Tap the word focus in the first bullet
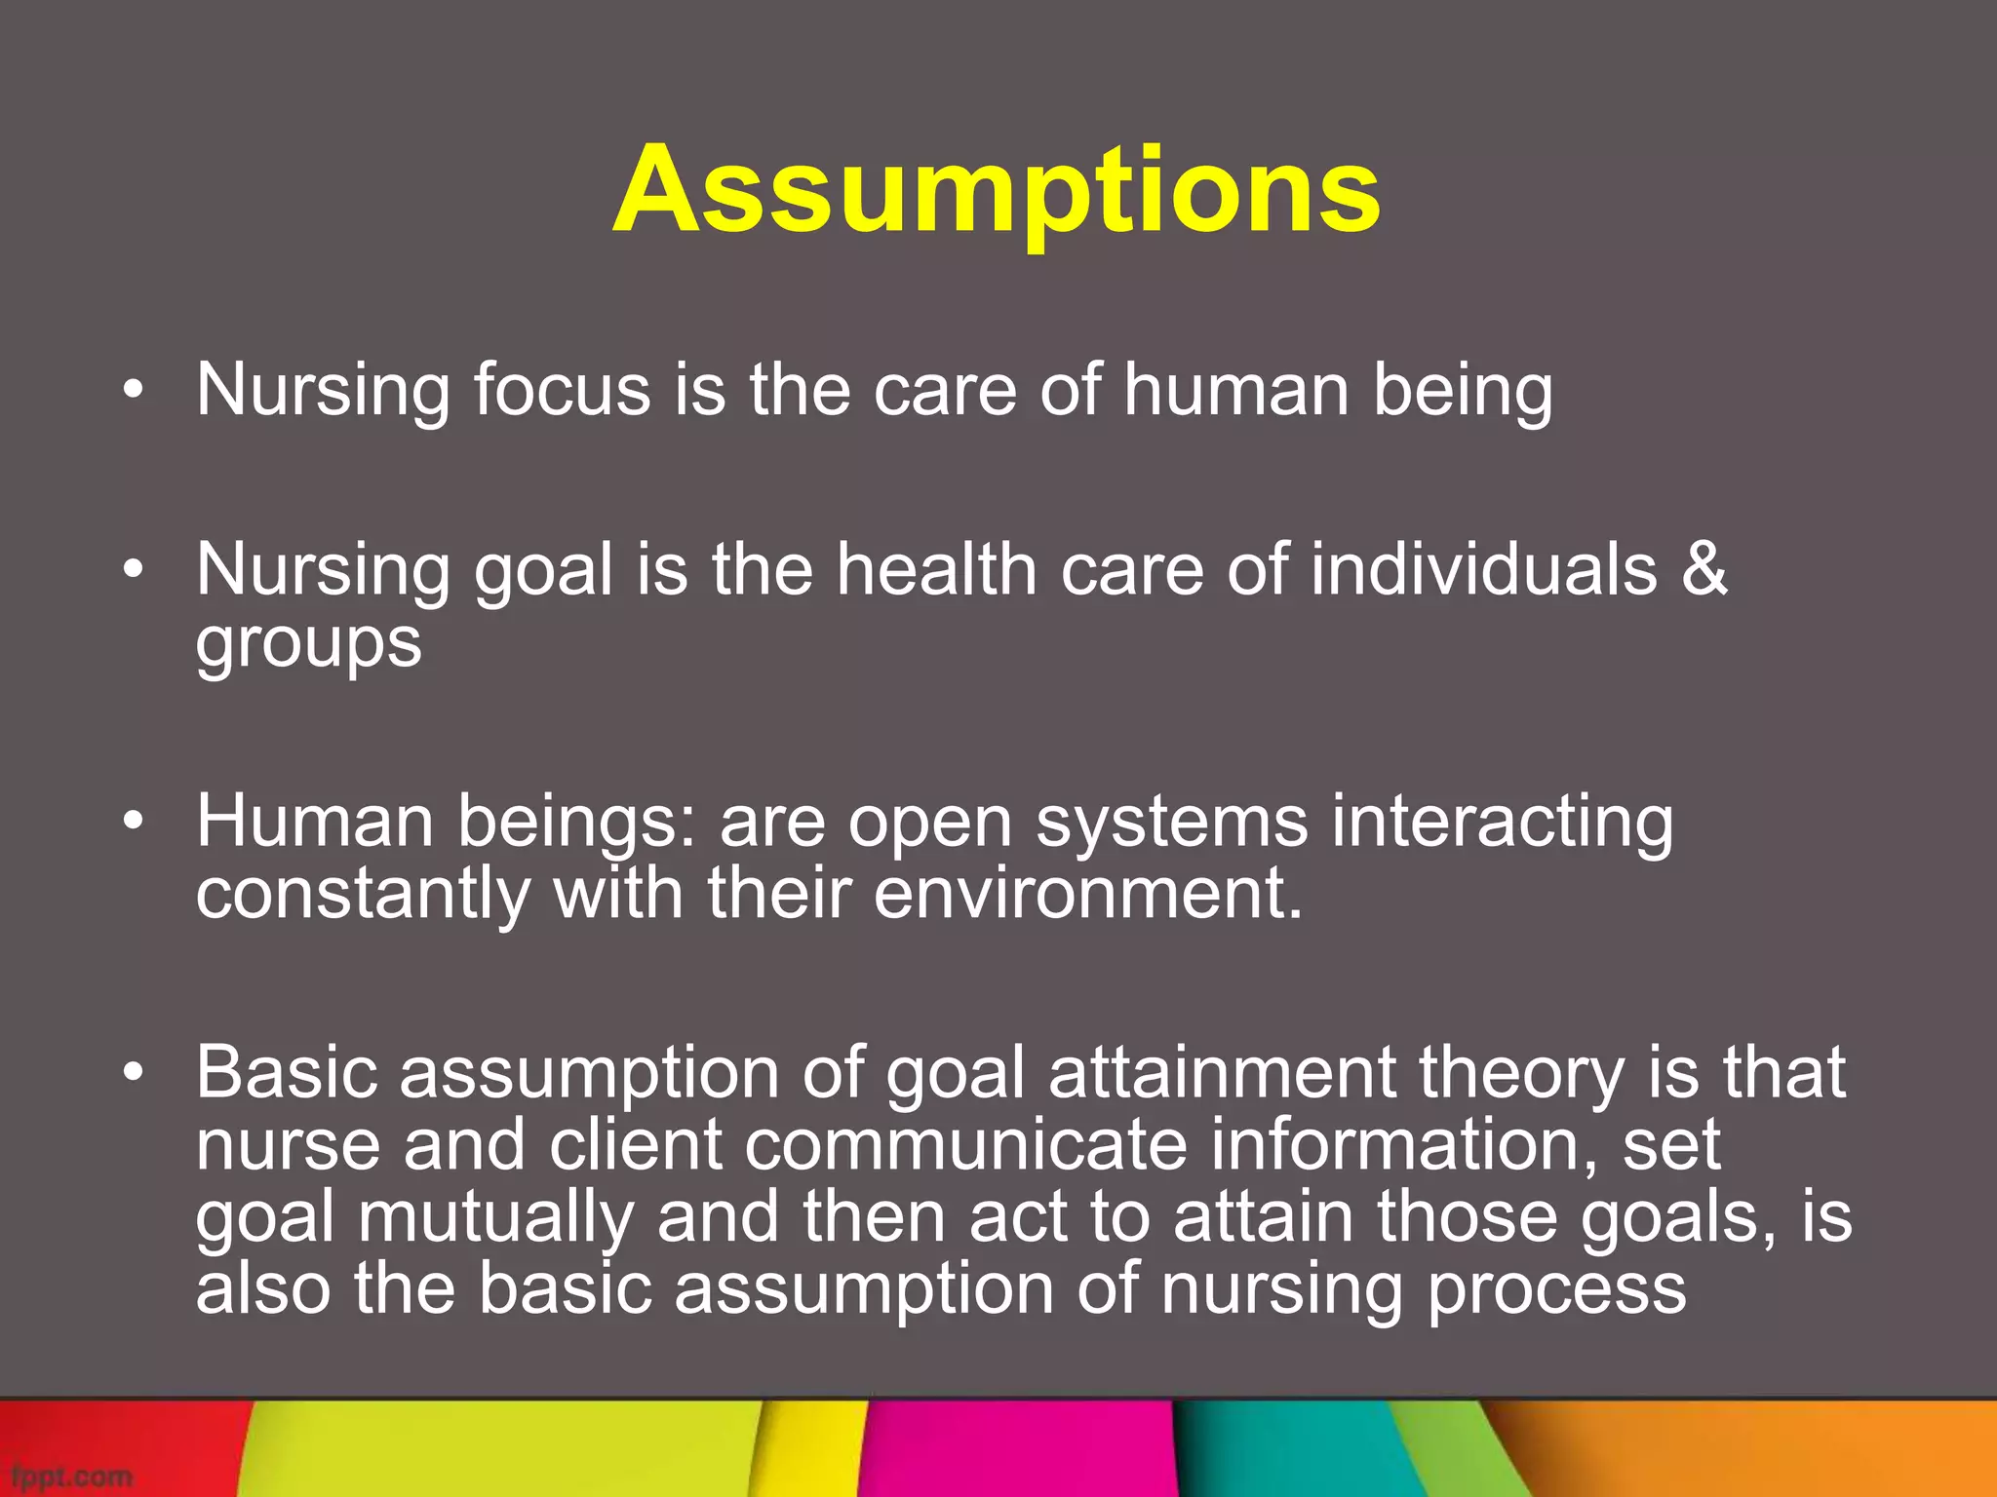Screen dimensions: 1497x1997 [562, 390]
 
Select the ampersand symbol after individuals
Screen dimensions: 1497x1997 [1703, 569]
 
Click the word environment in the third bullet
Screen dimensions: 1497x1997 [1087, 895]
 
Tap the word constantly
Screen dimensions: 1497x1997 [362, 895]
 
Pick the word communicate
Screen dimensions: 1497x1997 [965, 1145]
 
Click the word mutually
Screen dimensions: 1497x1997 [495, 1218]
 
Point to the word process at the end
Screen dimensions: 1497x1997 [1556, 1289]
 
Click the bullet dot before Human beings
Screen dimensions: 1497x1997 [134, 822]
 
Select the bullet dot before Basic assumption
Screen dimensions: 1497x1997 [134, 1073]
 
